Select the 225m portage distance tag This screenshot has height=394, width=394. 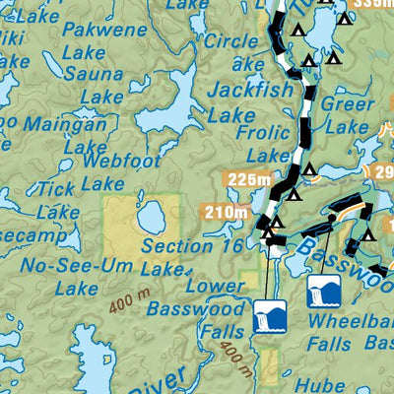247,178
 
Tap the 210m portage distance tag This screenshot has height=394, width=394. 223,211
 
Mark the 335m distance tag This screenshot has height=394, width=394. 371,4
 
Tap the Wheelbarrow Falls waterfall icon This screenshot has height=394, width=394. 325,292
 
